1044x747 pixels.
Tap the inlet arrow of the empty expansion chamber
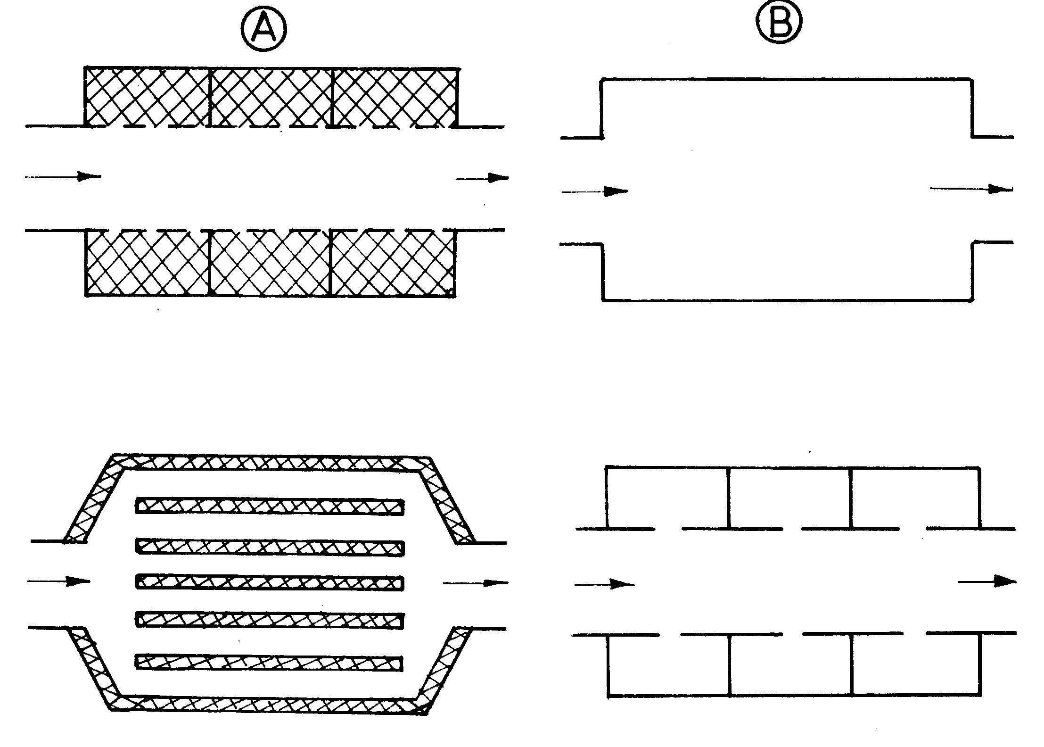[x=594, y=191]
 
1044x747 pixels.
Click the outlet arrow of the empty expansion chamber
[x=971, y=189]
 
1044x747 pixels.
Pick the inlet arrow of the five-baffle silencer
[x=58, y=581]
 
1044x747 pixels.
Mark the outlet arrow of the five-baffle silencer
[x=476, y=583]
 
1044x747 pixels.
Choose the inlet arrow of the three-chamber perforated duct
[x=604, y=584]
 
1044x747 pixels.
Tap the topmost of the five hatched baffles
[x=270, y=506]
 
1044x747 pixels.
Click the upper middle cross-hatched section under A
[x=271, y=97]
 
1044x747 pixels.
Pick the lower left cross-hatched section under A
[x=147, y=263]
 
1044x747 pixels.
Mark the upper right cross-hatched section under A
[x=395, y=97]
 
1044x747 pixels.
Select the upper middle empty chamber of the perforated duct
[x=789, y=498]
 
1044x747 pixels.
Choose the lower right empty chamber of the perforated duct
[x=916, y=665]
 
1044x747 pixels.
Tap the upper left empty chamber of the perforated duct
[x=667, y=498]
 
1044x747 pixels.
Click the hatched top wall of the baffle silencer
[x=271, y=462]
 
